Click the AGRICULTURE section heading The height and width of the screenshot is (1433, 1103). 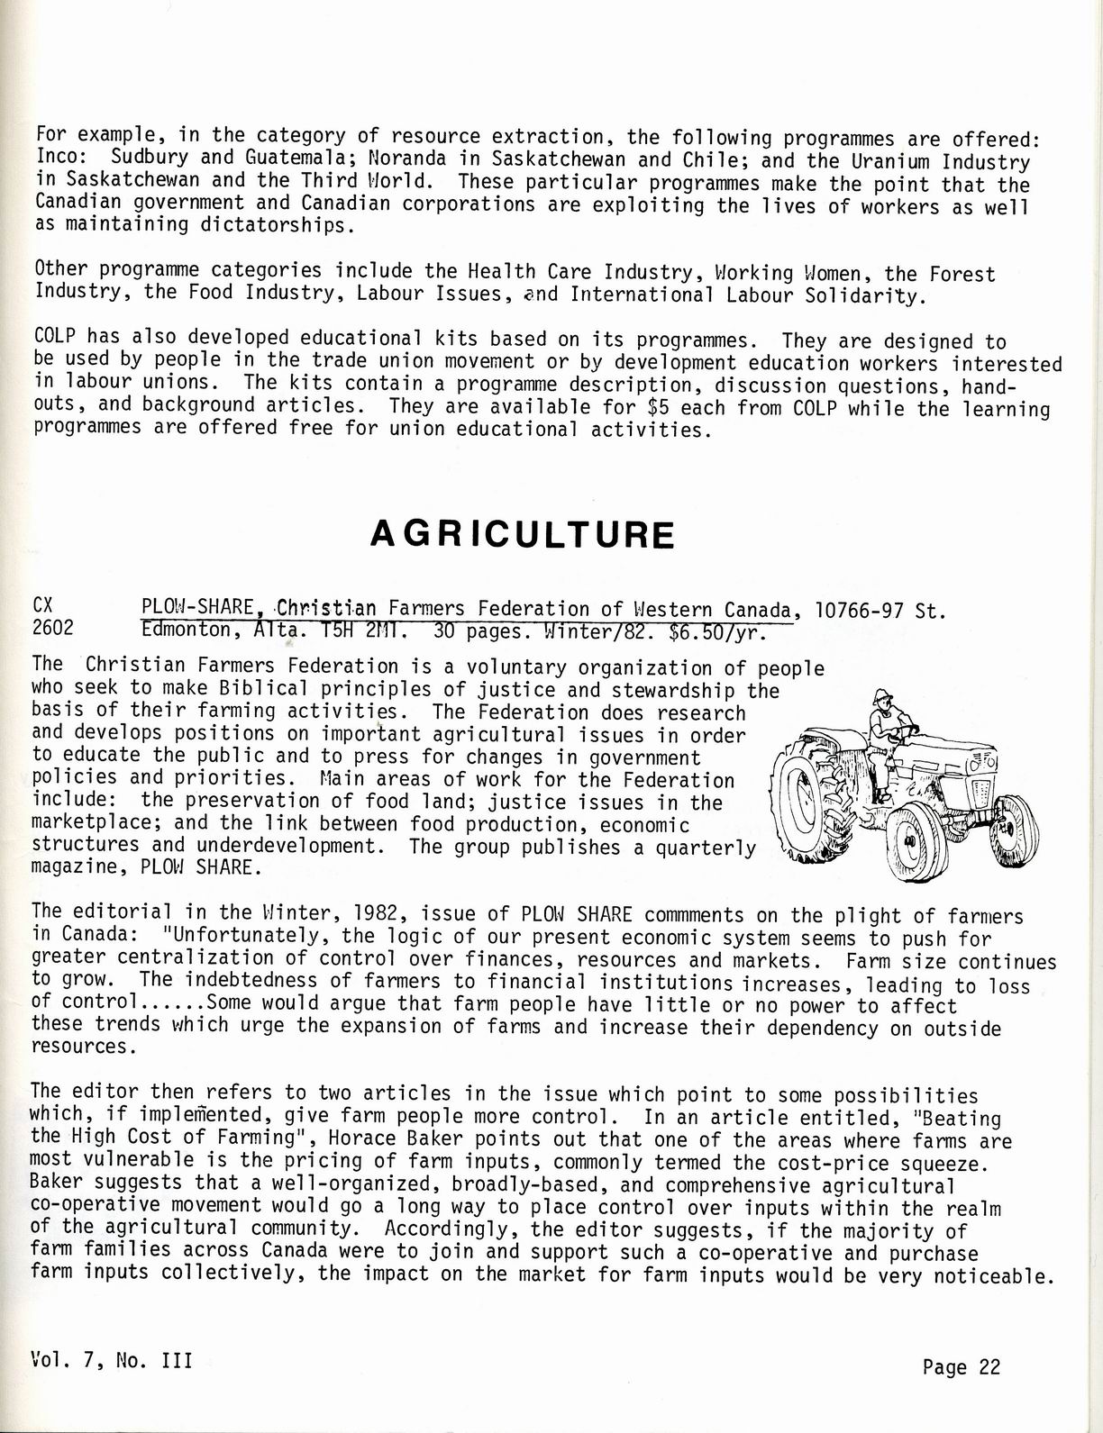tap(522, 534)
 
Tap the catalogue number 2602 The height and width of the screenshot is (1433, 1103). tap(52, 630)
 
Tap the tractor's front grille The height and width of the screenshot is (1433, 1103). tap(983, 793)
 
